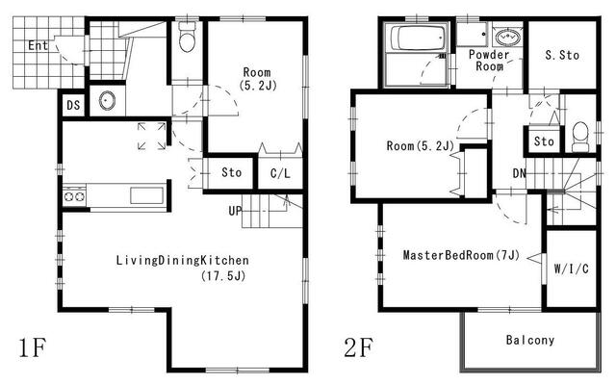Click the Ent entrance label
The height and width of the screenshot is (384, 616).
pyautogui.click(x=38, y=45)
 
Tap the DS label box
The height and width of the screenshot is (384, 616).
pyautogui.click(x=73, y=105)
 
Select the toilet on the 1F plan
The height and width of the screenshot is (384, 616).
pyautogui.click(x=187, y=37)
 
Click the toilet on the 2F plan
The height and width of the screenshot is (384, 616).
pyautogui.click(x=580, y=137)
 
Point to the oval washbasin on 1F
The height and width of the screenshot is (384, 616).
pyautogui.click(x=107, y=100)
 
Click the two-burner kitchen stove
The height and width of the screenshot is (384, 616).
pyautogui.click(x=74, y=196)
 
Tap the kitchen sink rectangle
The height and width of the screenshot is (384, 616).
pyautogui.click(x=146, y=195)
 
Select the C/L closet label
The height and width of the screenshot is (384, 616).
pyautogui.click(x=280, y=173)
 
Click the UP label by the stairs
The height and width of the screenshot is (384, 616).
pyautogui.click(x=235, y=211)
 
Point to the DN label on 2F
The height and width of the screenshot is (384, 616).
pyautogui.click(x=520, y=173)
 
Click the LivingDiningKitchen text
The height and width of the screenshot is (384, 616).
pyautogui.click(x=182, y=260)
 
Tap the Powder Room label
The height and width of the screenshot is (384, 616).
pyautogui.click(x=489, y=60)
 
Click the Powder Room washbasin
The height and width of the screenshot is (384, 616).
pyautogui.click(x=507, y=38)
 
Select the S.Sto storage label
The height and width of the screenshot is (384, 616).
pyautogui.click(x=562, y=56)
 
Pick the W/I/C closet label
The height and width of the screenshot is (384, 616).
pyautogui.click(x=571, y=269)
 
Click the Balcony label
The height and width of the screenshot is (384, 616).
pyautogui.click(x=530, y=340)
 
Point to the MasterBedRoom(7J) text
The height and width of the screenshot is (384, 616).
pyautogui.click(x=461, y=255)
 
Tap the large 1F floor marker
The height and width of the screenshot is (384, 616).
pyautogui.click(x=33, y=347)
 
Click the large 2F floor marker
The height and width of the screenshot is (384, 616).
pyautogui.click(x=358, y=347)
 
